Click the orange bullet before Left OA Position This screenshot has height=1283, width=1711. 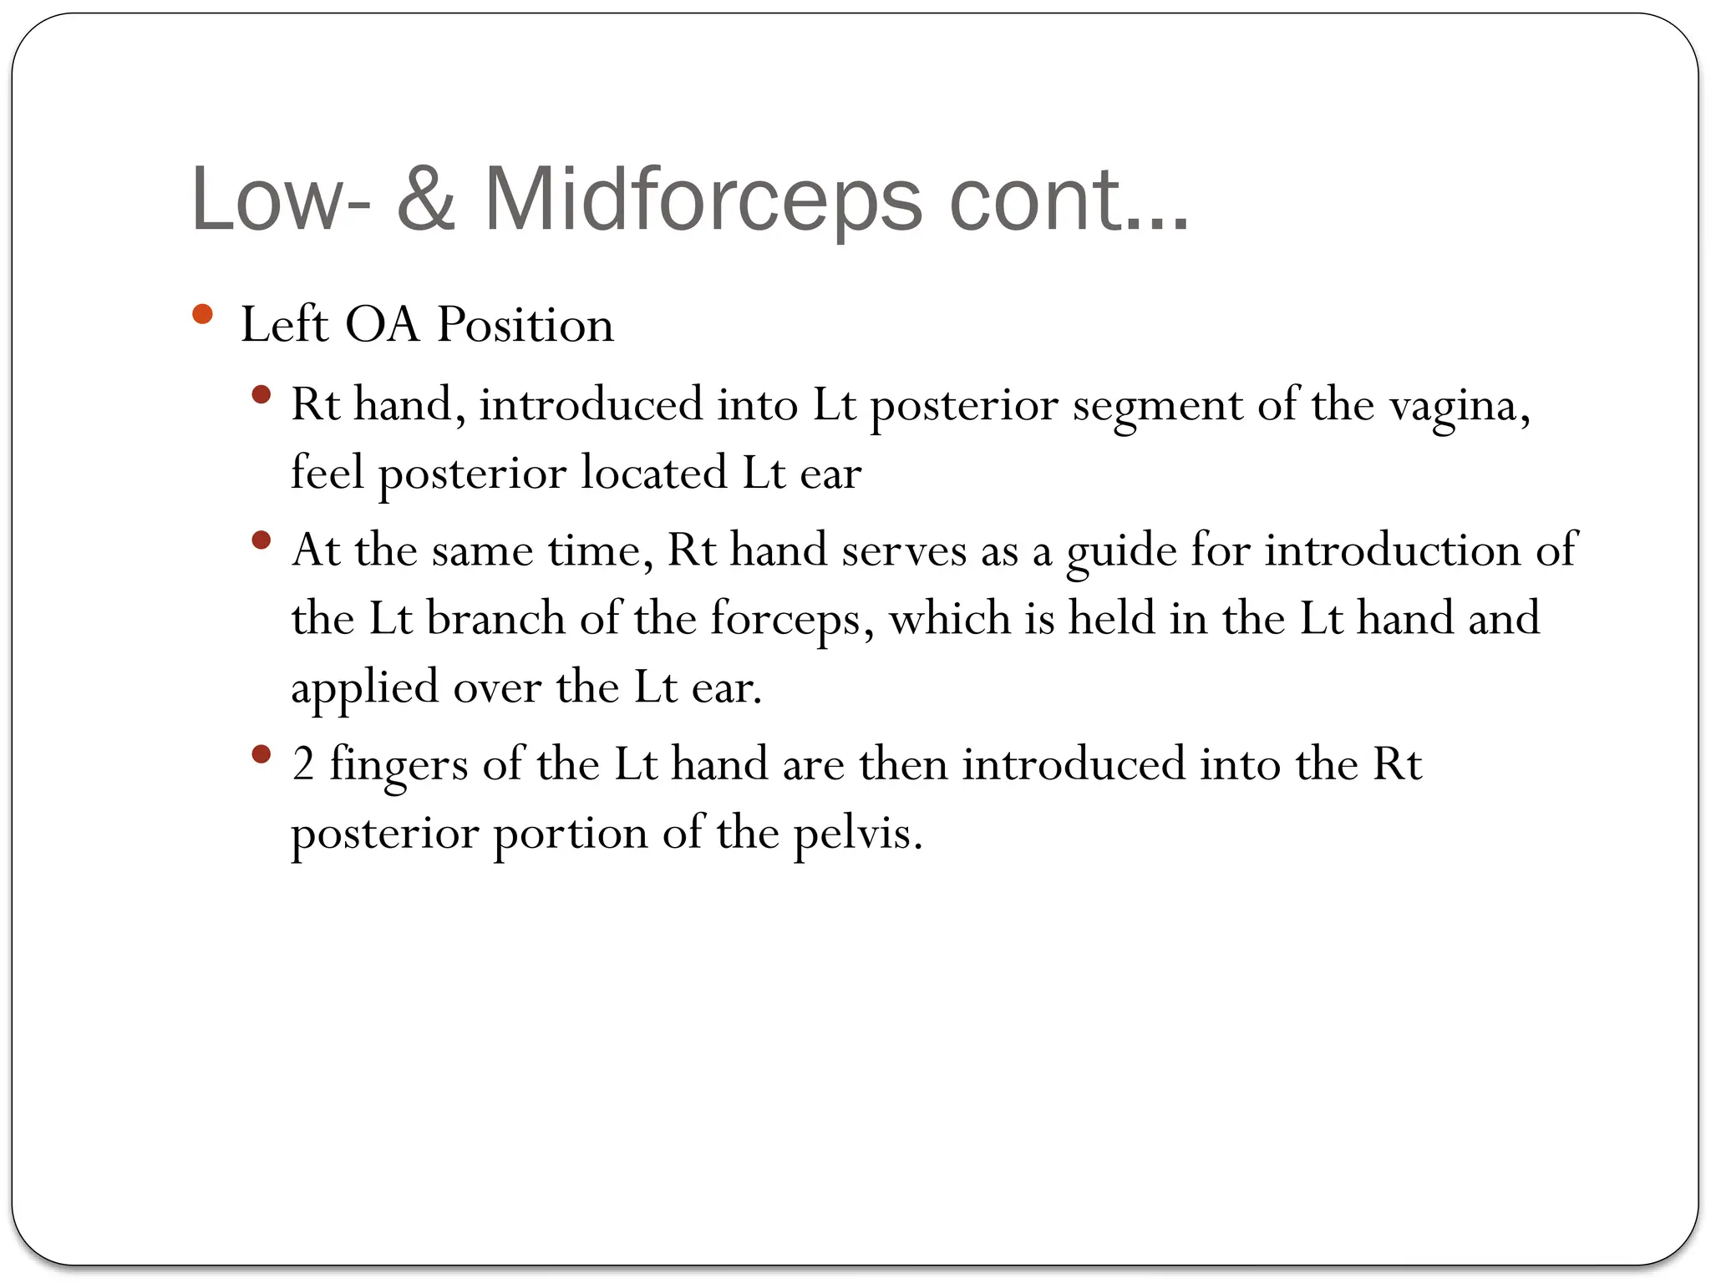[x=202, y=315]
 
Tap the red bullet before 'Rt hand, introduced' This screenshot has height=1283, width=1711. [x=261, y=394]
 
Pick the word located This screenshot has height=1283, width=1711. [x=654, y=474]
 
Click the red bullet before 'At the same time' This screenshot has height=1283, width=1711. [x=261, y=540]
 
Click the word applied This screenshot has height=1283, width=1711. [x=364, y=689]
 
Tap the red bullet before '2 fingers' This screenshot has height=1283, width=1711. [x=261, y=755]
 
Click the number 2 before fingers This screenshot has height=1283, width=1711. [x=303, y=765]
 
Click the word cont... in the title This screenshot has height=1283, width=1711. [x=1069, y=200]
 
